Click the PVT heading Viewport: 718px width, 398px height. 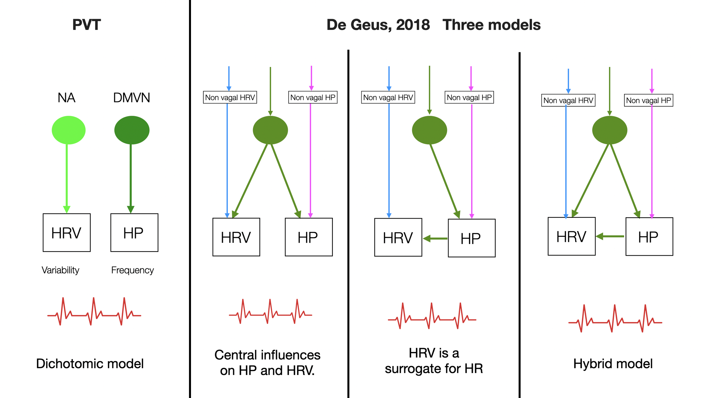coord(86,25)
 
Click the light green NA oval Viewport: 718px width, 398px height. coord(68,130)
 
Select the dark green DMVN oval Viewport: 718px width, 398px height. coord(132,130)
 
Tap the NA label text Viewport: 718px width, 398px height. coord(66,98)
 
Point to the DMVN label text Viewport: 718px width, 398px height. coord(132,98)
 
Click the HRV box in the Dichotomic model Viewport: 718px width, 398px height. coord(67,232)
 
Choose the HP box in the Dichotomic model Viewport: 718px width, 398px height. coord(134,232)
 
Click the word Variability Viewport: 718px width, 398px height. coord(60,270)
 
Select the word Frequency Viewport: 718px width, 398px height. coord(132,270)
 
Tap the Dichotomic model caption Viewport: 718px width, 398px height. coord(90,364)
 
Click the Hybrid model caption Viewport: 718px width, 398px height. coord(613,364)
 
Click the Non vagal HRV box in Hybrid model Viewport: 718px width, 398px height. coord(568,100)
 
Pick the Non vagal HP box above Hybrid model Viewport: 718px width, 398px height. coord(648,100)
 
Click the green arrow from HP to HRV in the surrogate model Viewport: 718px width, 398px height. coord(435,238)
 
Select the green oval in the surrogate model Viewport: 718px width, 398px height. coord(429,130)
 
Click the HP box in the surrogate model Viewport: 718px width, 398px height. coord(472,238)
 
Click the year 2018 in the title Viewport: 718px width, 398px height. coord(413,25)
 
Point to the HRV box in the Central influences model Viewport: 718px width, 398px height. coord(236,237)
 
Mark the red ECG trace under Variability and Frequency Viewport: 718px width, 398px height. coord(94,312)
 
